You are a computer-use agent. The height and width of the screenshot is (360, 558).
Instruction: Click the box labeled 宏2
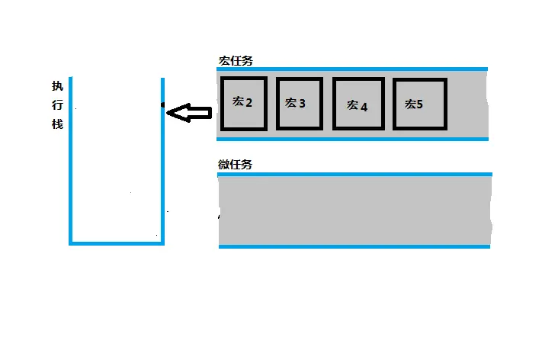coord(243,103)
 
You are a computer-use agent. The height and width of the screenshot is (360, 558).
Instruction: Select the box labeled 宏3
coord(299,103)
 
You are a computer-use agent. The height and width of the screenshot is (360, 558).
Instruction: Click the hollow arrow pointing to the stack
coord(189,114)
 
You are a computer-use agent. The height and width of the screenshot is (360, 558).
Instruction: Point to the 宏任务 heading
coord(236,59)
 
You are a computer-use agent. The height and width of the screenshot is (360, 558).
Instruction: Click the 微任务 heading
coord(235,164)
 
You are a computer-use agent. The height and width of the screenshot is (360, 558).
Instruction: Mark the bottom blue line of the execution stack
coord(117,243)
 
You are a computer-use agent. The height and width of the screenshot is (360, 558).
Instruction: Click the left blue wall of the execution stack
coord(70,160)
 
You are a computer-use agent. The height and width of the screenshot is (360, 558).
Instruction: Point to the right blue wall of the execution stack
coord(163,160)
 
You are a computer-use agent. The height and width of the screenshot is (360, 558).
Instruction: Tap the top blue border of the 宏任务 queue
coord(352,69)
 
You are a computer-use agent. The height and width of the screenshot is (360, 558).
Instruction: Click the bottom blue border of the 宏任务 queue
coord(352,139)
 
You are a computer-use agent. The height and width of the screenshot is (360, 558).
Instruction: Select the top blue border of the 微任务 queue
coord(354,174)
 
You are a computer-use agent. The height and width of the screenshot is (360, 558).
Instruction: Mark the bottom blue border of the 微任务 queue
coord(354,246)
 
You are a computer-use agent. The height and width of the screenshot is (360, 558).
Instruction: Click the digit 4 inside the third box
coord(364,108)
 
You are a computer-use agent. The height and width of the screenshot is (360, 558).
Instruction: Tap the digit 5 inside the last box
coord(420,104)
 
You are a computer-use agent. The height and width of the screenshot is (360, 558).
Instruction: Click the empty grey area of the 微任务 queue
coord(354,211)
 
